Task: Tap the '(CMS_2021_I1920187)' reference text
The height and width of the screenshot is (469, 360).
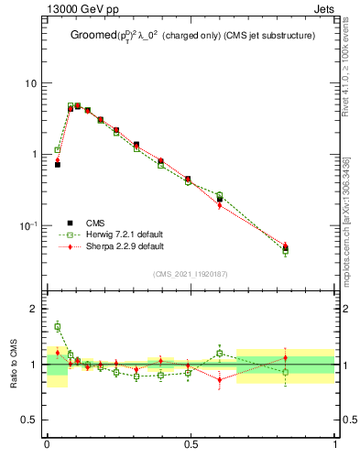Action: coord(190,273)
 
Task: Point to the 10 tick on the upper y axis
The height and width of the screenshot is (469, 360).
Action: coord(29,83)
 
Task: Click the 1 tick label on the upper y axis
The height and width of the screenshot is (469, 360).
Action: coord(33,155)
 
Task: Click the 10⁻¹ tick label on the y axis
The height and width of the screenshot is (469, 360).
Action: coord(27,225)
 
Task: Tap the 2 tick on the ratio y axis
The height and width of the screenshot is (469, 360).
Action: coord(33,309)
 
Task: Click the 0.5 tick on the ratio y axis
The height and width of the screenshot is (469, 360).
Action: coord(29,420)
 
